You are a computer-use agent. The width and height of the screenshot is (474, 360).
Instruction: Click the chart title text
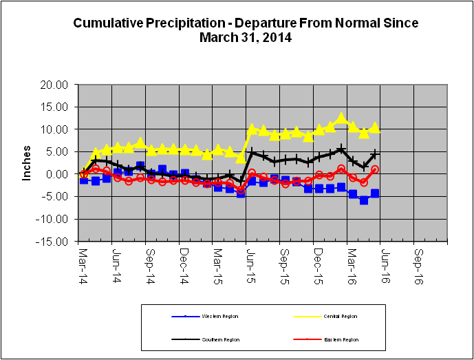click(x=246, y=30)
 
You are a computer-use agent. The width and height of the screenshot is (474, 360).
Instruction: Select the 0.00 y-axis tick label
click(x=61, y=174)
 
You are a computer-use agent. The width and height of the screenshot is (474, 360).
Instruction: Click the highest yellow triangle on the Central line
click(x=341, y=118)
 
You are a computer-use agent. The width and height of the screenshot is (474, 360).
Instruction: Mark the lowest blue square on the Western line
click(x=364, y=200)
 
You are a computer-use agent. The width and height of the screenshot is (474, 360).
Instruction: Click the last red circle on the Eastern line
click(x=375, y=169)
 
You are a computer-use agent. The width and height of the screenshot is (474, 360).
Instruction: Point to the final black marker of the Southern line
click(x=375, y=154)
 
